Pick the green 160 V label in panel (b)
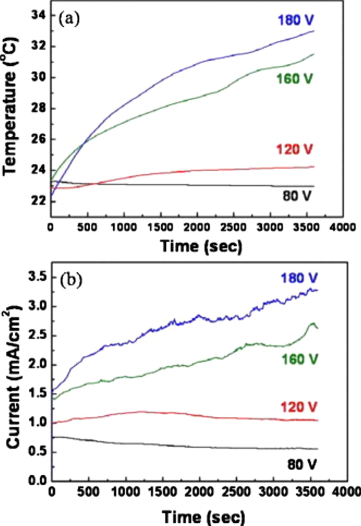(299, 359)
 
